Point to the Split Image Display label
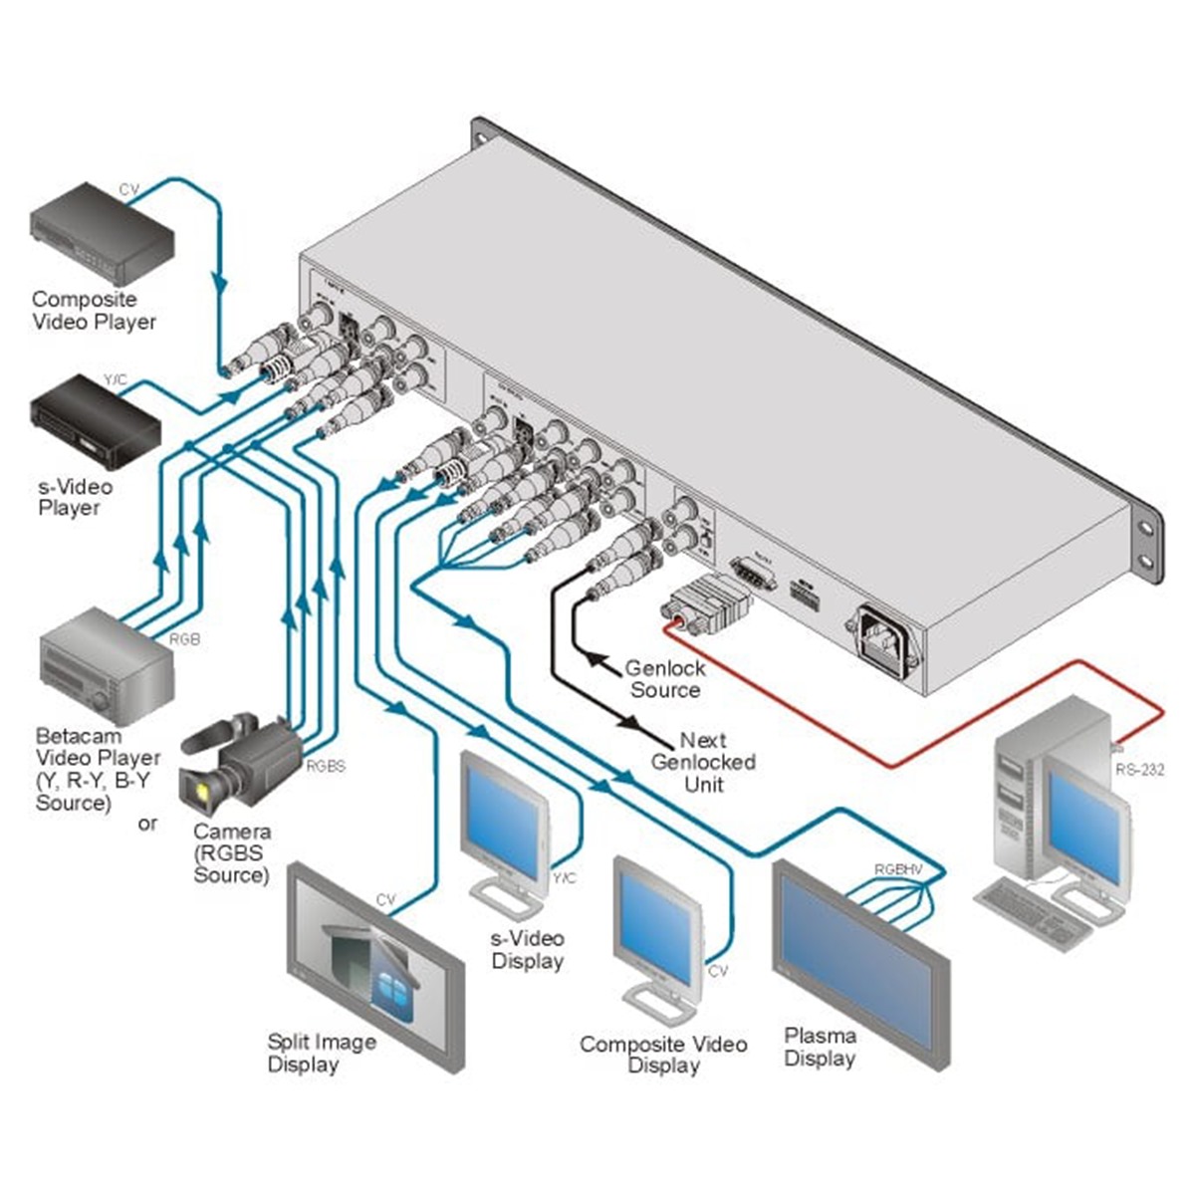tap(321, 1053)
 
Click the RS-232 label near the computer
tap(1139, 768)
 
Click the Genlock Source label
tap(664, 679)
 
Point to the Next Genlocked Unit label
tap(703, 762)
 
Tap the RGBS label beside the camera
tap(325, 766)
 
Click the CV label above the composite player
tap(129, 189)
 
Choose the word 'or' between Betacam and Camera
tap(147, 824)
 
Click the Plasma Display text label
tap(820, 1047)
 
